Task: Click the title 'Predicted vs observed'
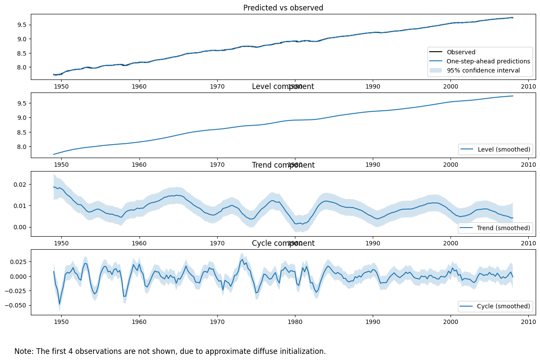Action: (x=283, y=8)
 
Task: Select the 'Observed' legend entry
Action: (x=461, y=52)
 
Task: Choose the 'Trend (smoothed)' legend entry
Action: (x=504, y=228)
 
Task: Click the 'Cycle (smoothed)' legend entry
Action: (x=504, y=306)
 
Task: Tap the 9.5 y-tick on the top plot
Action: (x=22, y=25)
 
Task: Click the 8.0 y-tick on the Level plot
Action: (x=22, y=146)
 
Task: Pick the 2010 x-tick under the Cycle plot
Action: (x=528, y=322)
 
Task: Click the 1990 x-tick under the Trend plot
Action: (x=372, y=243)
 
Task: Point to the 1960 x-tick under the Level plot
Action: (x=139, y=165)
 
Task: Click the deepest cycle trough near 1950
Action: (x=60, y=304)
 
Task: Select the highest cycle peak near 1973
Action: (x=242, y=260)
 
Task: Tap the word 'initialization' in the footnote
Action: (x=302, y=351)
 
